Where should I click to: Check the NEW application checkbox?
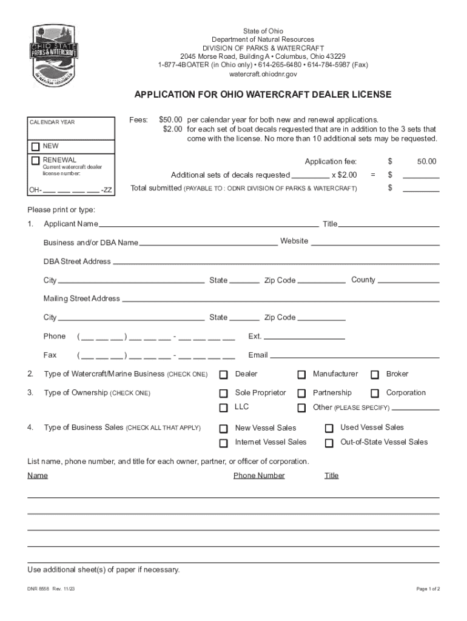[36, 147]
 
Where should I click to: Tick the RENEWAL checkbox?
[36, 160]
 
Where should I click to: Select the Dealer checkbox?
[224, 375]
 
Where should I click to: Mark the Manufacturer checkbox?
[301, 375]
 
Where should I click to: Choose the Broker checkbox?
[375, 375]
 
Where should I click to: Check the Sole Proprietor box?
[224, 394]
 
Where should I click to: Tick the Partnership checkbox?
[301, 394]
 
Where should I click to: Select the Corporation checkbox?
[375, 394]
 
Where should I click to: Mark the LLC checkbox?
[224, 408]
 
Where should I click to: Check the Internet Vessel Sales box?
[224, 443]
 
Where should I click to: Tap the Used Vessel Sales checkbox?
[329, 428]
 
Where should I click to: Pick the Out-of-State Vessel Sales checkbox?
[329, 443]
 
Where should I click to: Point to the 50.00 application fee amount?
[426, 162]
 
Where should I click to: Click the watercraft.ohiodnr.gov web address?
[263, 74]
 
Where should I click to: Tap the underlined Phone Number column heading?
[259, 475]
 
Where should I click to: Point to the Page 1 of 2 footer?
[428, 589]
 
